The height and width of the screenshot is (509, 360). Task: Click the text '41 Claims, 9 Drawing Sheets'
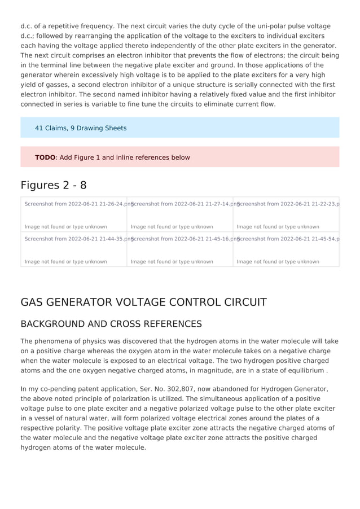click(81, 128)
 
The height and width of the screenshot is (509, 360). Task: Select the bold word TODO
click(45, 157)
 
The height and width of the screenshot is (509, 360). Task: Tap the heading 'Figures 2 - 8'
click(54, 185)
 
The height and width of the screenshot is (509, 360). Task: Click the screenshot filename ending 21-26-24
click(76, 204)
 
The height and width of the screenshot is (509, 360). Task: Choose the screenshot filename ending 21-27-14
click(182, 204)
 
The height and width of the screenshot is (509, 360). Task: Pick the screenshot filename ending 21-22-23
click(288, 204)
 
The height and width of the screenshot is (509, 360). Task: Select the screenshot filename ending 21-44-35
click(76, 239)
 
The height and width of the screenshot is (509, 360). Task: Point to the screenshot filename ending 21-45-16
click(182, 239)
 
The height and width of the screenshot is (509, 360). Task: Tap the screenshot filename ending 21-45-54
click(288, 239)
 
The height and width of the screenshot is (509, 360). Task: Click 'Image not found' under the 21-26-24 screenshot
click(65, 227)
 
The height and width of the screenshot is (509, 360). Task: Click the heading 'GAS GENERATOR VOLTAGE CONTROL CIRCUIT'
click(143, 302)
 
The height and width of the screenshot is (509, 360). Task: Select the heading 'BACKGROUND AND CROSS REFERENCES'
click(111, 324)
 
